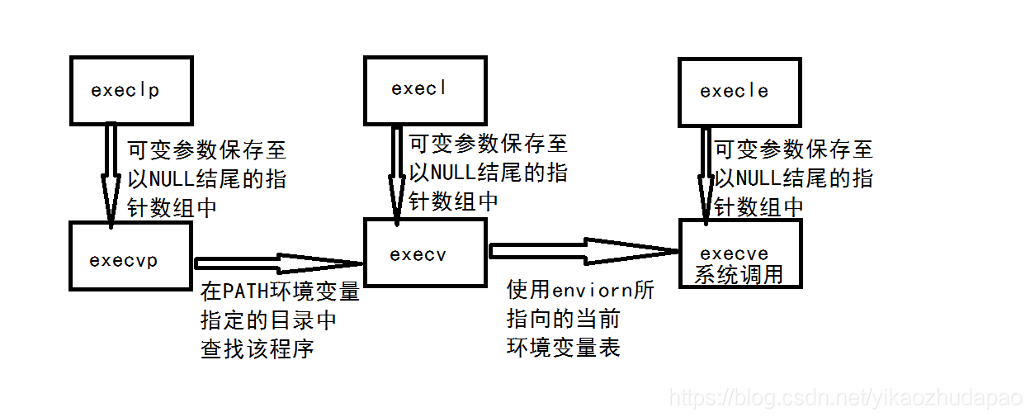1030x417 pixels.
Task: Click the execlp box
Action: click(x=131, y=90)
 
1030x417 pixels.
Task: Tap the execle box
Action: click(x=739, y=90)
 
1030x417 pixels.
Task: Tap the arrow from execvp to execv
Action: click(x=279, y=263)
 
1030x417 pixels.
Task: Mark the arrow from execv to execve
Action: click(x=583, y=250)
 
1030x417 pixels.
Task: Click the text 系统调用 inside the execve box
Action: click(x=739, y=274)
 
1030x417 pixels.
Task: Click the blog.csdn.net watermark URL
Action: click(x=845, y=399)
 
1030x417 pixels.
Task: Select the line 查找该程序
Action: click(x=257, y=349)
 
